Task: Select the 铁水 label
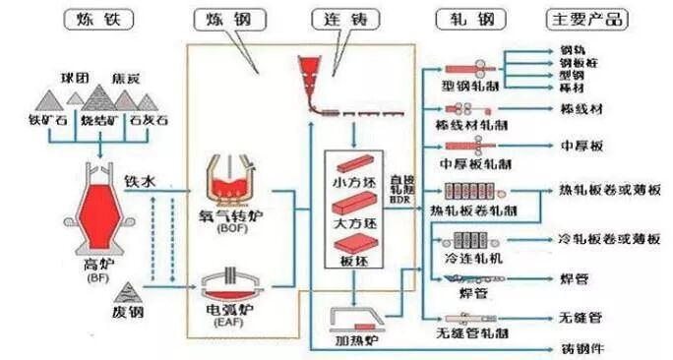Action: tap(140, 181)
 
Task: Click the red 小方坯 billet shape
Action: tap(356, 163)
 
